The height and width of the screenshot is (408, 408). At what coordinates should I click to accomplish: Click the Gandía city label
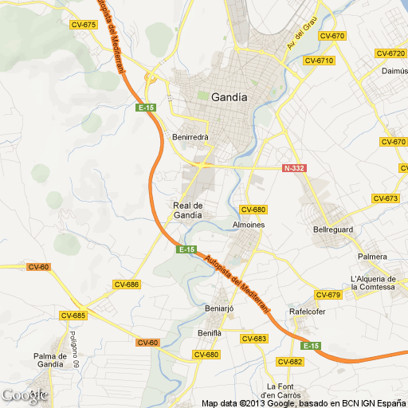coord(229,97)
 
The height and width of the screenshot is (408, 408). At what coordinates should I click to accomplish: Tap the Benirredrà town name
coord(190,137)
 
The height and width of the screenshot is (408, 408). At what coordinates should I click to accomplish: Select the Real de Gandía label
coord(188,210)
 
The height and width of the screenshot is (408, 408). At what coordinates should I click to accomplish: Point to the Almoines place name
coord(248,225)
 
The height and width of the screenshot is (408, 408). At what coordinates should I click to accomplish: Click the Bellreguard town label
coord(332,229)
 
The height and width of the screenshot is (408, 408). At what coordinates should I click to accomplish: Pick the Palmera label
coord(372,257)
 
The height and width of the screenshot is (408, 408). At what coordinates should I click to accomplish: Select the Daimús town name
coord(395,70)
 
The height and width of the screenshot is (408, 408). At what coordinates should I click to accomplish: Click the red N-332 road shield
coord(295,168)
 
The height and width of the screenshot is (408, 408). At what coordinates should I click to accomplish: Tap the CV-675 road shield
coord(84,25)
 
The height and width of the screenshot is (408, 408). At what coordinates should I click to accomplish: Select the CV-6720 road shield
coord(390,53)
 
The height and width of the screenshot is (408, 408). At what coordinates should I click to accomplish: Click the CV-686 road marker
coord(127,284)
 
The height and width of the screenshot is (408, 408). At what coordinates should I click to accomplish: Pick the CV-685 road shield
coord(73,316)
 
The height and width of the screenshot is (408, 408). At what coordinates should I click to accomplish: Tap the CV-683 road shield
coord(253,339)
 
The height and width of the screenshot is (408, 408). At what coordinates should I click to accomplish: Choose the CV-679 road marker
coord(328,296)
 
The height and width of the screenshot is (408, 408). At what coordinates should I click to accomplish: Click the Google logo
coord(24,395)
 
